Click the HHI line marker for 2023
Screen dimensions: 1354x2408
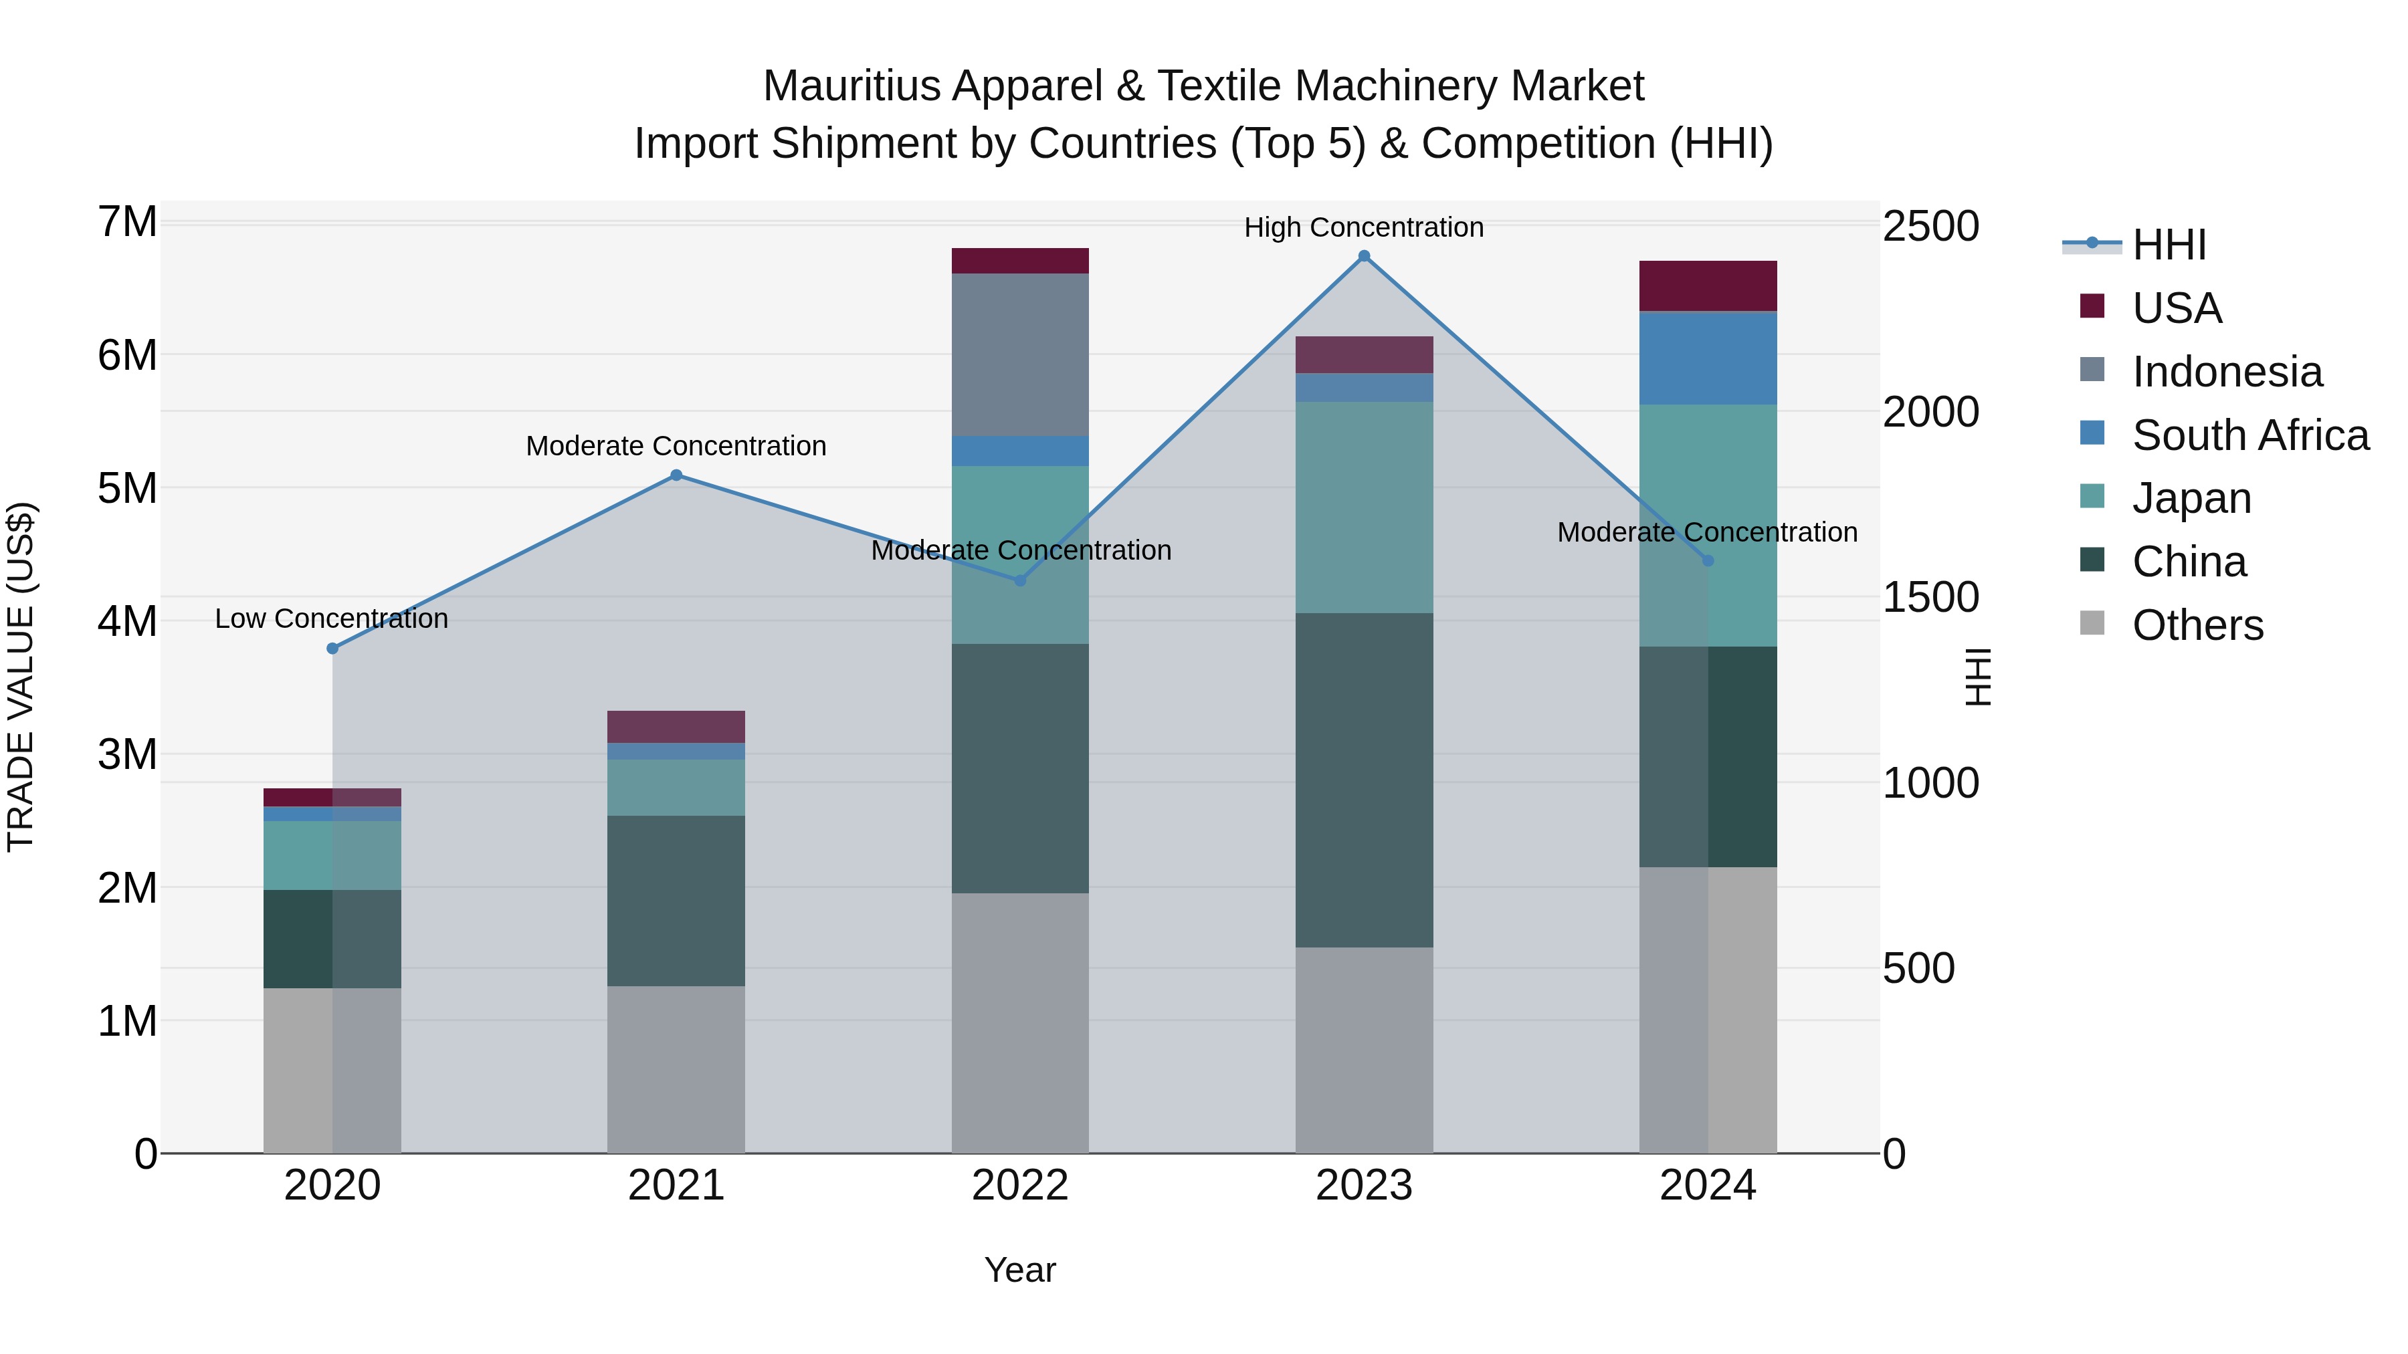tap(1364, 256)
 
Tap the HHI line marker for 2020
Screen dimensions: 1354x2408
tap(333, 649)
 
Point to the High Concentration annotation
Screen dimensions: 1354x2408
tap(1363, 227)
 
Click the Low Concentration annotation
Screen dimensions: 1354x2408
tap(331, 618)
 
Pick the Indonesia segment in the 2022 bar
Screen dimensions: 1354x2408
tap(1020, 355)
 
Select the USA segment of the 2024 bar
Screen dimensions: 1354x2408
tap(1708, 286)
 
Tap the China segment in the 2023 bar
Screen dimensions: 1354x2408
tap(1364, 780)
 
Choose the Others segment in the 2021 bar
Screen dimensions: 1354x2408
tap(676, 1069)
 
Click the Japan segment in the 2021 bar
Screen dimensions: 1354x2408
tap(676, 788)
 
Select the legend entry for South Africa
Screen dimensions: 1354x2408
tap(2250, 435)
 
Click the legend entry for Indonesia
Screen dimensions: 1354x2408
tap(2227, 372)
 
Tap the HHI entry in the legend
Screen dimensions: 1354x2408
tap(2169, 245)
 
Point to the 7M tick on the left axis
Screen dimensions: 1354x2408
tap(127, 223)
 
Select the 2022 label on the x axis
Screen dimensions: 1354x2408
tap(1020, 1186)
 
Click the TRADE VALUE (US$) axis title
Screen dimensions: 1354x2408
tap(21, 677)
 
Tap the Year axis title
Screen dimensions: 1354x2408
tap(1020, 1270)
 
